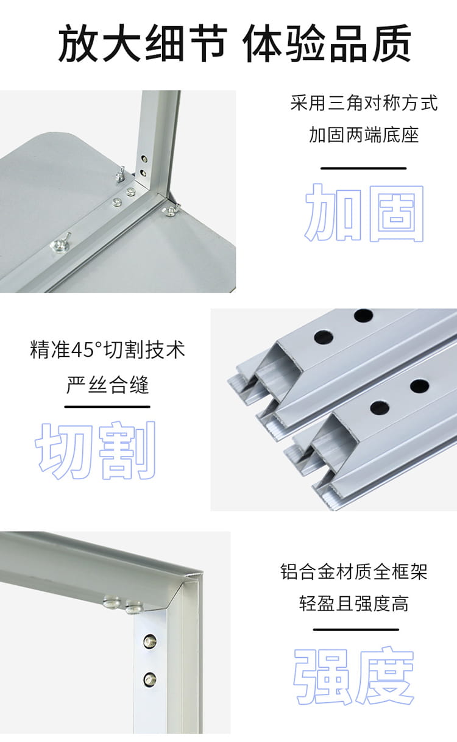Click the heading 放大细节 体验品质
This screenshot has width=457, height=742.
pyautogui.click(x=235, y=43)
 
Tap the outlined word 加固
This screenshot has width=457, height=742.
pyautogui.click(x=364, y=212)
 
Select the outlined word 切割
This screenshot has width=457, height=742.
pyautogui.click(x=96, y=450)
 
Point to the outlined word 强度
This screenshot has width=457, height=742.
pyautogui.click(x=354, y=675)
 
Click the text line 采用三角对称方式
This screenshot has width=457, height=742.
pyautogui.click(x=364, y=103)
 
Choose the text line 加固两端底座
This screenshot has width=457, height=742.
pyautogui.click(x=364, y=135)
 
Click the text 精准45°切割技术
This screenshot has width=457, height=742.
pyautogui.click(x=107, y=349)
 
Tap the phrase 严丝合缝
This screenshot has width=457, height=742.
pyautogui.click(x=107, y=385)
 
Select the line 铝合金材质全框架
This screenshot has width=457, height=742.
pyautogui.click(x=354, y=572)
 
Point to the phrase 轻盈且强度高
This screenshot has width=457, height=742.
pyautogui.click(x=354, y=604)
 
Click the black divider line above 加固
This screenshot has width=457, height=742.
pyautogui.click(x=363, y=168)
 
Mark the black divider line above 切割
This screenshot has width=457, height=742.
pyautogui.click(x=107, y=407)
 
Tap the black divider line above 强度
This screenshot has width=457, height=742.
pyautogui.click(x=356, y=629)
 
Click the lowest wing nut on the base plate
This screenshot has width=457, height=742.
pyautogui.click(x=60, y=243)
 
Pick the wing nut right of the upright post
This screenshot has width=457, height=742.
pyautogui.click(x=171, y=209)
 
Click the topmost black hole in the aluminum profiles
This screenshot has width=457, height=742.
pyautogui.click(x=363, y=315)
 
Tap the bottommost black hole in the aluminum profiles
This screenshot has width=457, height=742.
pyautogui.click(x=380, y=407)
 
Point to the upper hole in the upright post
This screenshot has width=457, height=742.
pyautogui.click(x=144, y=159)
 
